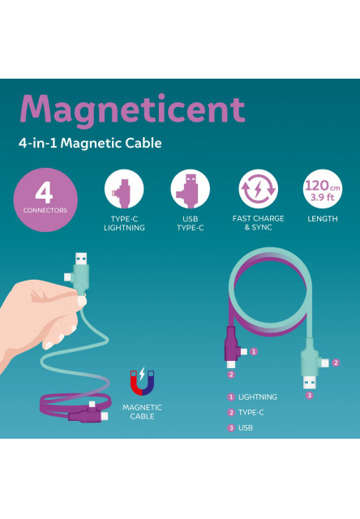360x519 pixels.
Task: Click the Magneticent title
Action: click(131, 109)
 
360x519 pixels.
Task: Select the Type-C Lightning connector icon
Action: click(124, 189)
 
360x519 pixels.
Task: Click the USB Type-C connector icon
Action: click(190, 189)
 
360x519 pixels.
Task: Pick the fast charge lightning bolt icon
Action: click(258, 189)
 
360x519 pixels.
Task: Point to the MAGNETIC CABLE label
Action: click(142, 412)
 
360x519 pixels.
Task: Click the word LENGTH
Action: click(322, 219)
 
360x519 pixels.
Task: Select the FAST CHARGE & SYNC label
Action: click(258, 223)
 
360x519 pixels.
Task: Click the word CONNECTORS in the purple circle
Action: click(45, 210)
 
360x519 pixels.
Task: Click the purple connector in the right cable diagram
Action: click(231, 349)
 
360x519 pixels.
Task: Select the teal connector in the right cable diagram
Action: click(310, 357)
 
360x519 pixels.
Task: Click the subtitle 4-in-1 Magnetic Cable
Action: click(90, 144)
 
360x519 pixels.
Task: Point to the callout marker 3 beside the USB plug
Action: click(309, 395)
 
